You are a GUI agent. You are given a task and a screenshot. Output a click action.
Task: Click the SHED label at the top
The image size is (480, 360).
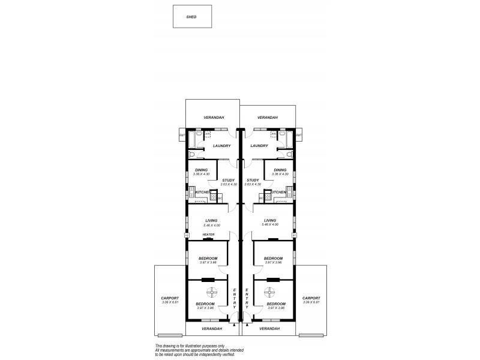click(191, 17)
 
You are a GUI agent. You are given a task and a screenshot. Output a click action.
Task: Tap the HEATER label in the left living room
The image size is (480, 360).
click(208, 235)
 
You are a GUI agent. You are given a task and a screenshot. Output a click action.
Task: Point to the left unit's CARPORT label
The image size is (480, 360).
click(170, 298)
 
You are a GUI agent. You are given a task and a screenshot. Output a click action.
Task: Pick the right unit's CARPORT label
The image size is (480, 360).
click(311, 298)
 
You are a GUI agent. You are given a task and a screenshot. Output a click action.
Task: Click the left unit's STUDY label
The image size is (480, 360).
click(228, 180)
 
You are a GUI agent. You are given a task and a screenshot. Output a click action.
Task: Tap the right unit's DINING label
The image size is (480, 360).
click(280, 170)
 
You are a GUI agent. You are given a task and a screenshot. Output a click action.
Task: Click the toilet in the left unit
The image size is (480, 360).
click(191, 154)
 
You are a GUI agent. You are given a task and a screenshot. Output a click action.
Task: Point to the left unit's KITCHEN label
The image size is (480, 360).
click(203, 192)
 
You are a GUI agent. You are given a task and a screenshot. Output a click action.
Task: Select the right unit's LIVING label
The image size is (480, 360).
click(270, 221)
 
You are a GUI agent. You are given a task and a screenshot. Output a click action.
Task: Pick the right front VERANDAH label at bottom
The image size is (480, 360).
click(270, 329)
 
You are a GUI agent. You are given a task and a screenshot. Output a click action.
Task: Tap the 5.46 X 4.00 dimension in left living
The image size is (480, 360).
click(212, 225)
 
